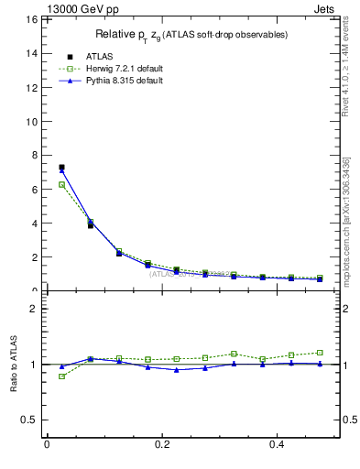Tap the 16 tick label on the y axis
pos(31,19)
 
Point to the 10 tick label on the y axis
pos(31,121)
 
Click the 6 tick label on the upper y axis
pos(34,190)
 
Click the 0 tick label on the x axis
pos(47,444)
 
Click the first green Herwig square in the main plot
pos(61,184)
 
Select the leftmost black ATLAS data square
pos(61,168)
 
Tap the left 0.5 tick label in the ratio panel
pos(30,420)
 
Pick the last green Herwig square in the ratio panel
pos(320,352)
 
